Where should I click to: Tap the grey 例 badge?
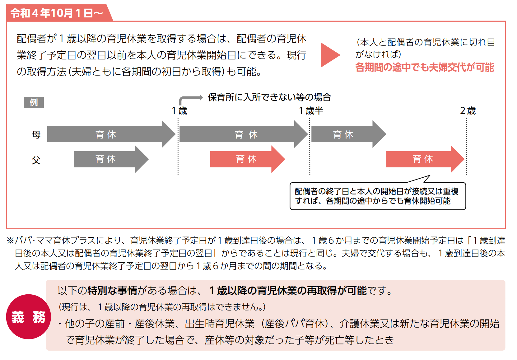pyautogui.click(x=34, y=102)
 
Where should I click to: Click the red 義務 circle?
pyautogui.click(x=28, y=317)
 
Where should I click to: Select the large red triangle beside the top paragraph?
pyautogui.click(x=330, y=55)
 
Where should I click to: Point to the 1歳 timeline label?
pyautogui.click(x=179, y=110)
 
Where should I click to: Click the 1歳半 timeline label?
pyautogui.click(x=311, y=110)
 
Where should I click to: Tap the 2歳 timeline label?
pyautogui.click(x=468, y=110)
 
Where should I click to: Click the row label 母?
pyautogui.click(x=36, y=134)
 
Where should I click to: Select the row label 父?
pyautogui.click(x=36, y=160)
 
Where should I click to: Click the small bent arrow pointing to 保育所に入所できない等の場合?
pyautogui.click(x=190, y=99)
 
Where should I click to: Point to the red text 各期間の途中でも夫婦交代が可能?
pyautogui.click(x=425, y=67)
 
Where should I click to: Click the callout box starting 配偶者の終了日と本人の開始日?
pyautogui.click(x=377, y=196)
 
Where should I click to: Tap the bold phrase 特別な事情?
pyautogui.click(x=112, y=291)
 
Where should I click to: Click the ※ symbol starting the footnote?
pyautogui.click(x=10, y=240)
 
